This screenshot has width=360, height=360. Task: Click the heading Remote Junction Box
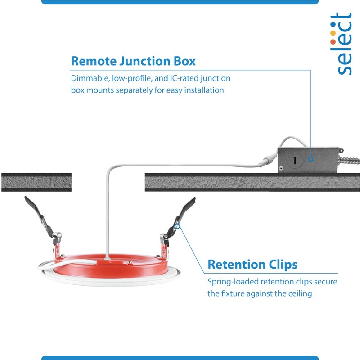click(133, 61)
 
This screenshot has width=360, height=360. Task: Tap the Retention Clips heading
click(252, 265)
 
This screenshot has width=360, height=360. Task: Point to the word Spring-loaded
click(233, 282)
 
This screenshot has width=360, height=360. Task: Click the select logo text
click(341, 44)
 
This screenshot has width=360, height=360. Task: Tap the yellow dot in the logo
click(333, 33)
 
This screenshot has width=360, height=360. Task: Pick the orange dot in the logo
click(333, 42)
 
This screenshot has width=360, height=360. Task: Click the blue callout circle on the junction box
click(310, 159)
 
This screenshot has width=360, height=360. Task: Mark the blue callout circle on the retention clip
click(177, 226)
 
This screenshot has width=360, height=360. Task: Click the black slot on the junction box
click(295, 160)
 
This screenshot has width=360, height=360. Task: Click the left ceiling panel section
click(36, 182)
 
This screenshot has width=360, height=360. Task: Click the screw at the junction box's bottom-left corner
click(280, 169)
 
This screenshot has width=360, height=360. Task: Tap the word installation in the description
click(204, 90)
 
